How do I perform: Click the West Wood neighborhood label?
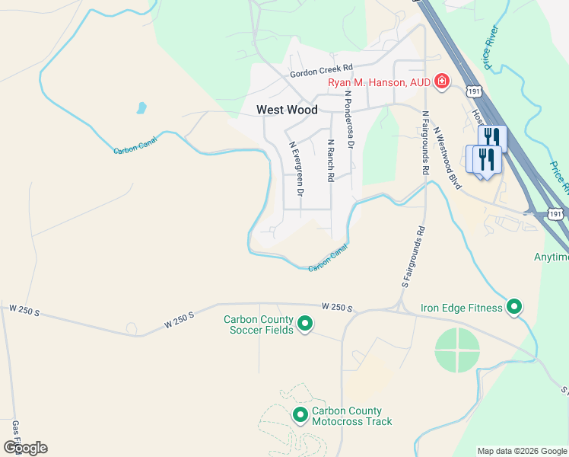point(287,110)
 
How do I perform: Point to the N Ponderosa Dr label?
point(349,120)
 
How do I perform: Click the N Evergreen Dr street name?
point(295,168)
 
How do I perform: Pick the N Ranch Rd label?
point(331,160)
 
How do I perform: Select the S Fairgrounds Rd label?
point(412,257)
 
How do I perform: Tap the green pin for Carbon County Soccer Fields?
point(305,324)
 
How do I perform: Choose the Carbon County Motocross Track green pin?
point(300,415)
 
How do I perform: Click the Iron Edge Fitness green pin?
point(515,307)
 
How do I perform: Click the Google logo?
point(25,448)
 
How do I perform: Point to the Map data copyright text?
point(522,451)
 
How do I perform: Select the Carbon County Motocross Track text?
point(351,416)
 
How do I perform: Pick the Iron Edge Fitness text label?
point(462,308)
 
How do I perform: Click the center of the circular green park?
point(458,351)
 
